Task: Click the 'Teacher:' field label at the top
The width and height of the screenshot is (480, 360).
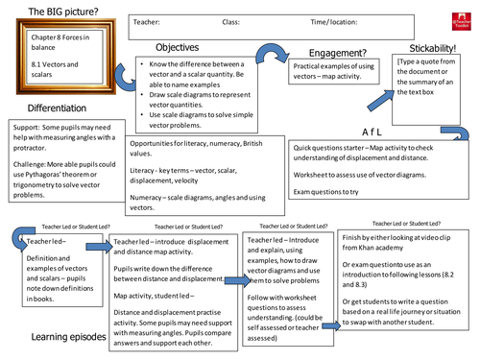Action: [147, 19]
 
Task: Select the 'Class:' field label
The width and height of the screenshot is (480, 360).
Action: [230, 19]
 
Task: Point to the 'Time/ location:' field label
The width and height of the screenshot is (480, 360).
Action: [314, 19]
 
